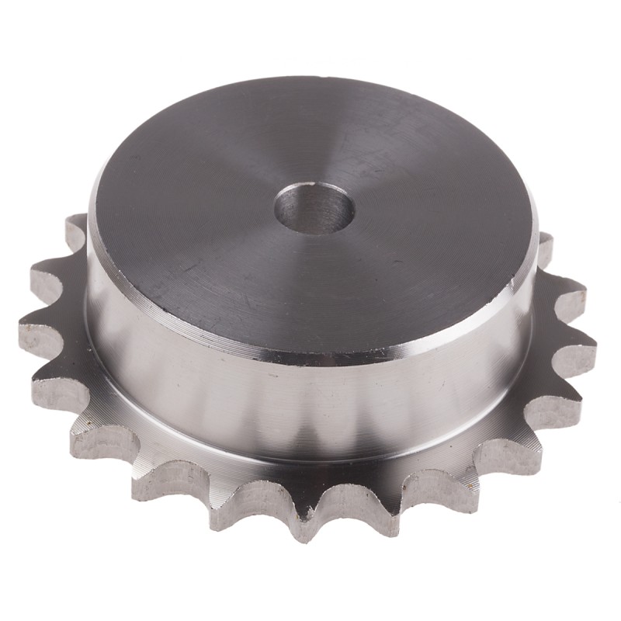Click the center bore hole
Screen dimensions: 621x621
coord(314,207)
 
